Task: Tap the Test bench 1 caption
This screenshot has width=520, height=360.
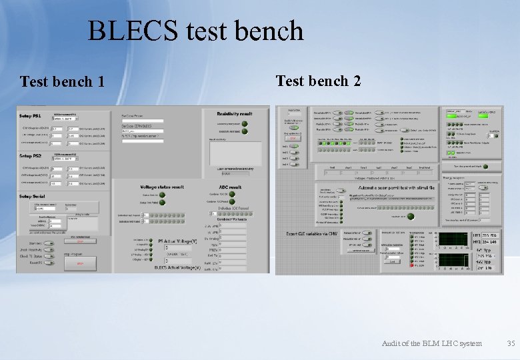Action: [62, 82]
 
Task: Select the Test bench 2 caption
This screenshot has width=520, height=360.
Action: [318, 81]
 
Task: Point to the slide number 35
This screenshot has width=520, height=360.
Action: [511, 343]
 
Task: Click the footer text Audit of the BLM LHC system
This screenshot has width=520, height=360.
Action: [431, 343]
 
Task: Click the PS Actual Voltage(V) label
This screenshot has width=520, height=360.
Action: [179, 241]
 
